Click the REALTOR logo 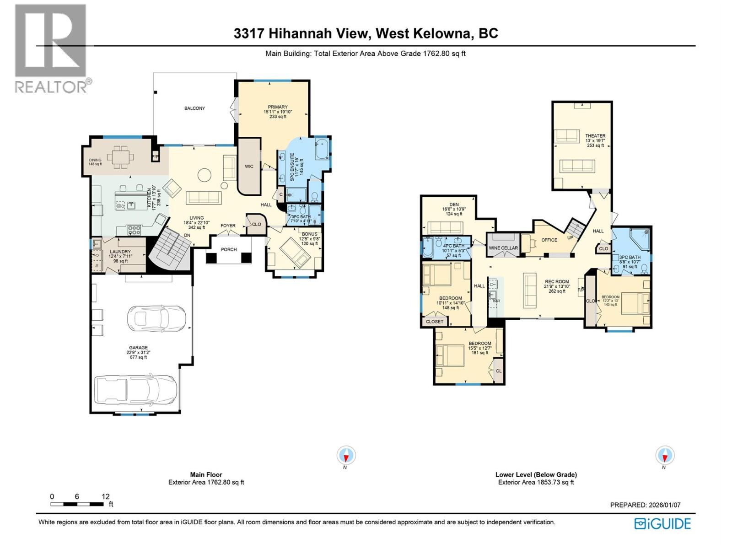50,48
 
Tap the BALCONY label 194,108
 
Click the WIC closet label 249,167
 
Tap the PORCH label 229,249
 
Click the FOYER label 228,226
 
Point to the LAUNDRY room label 120,252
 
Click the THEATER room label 595,136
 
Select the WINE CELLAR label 503,248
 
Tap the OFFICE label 549,240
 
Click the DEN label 454,205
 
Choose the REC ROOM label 556,282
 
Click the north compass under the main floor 346,456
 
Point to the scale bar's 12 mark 106,496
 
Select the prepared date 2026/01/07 664,505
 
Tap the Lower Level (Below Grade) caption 536,475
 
